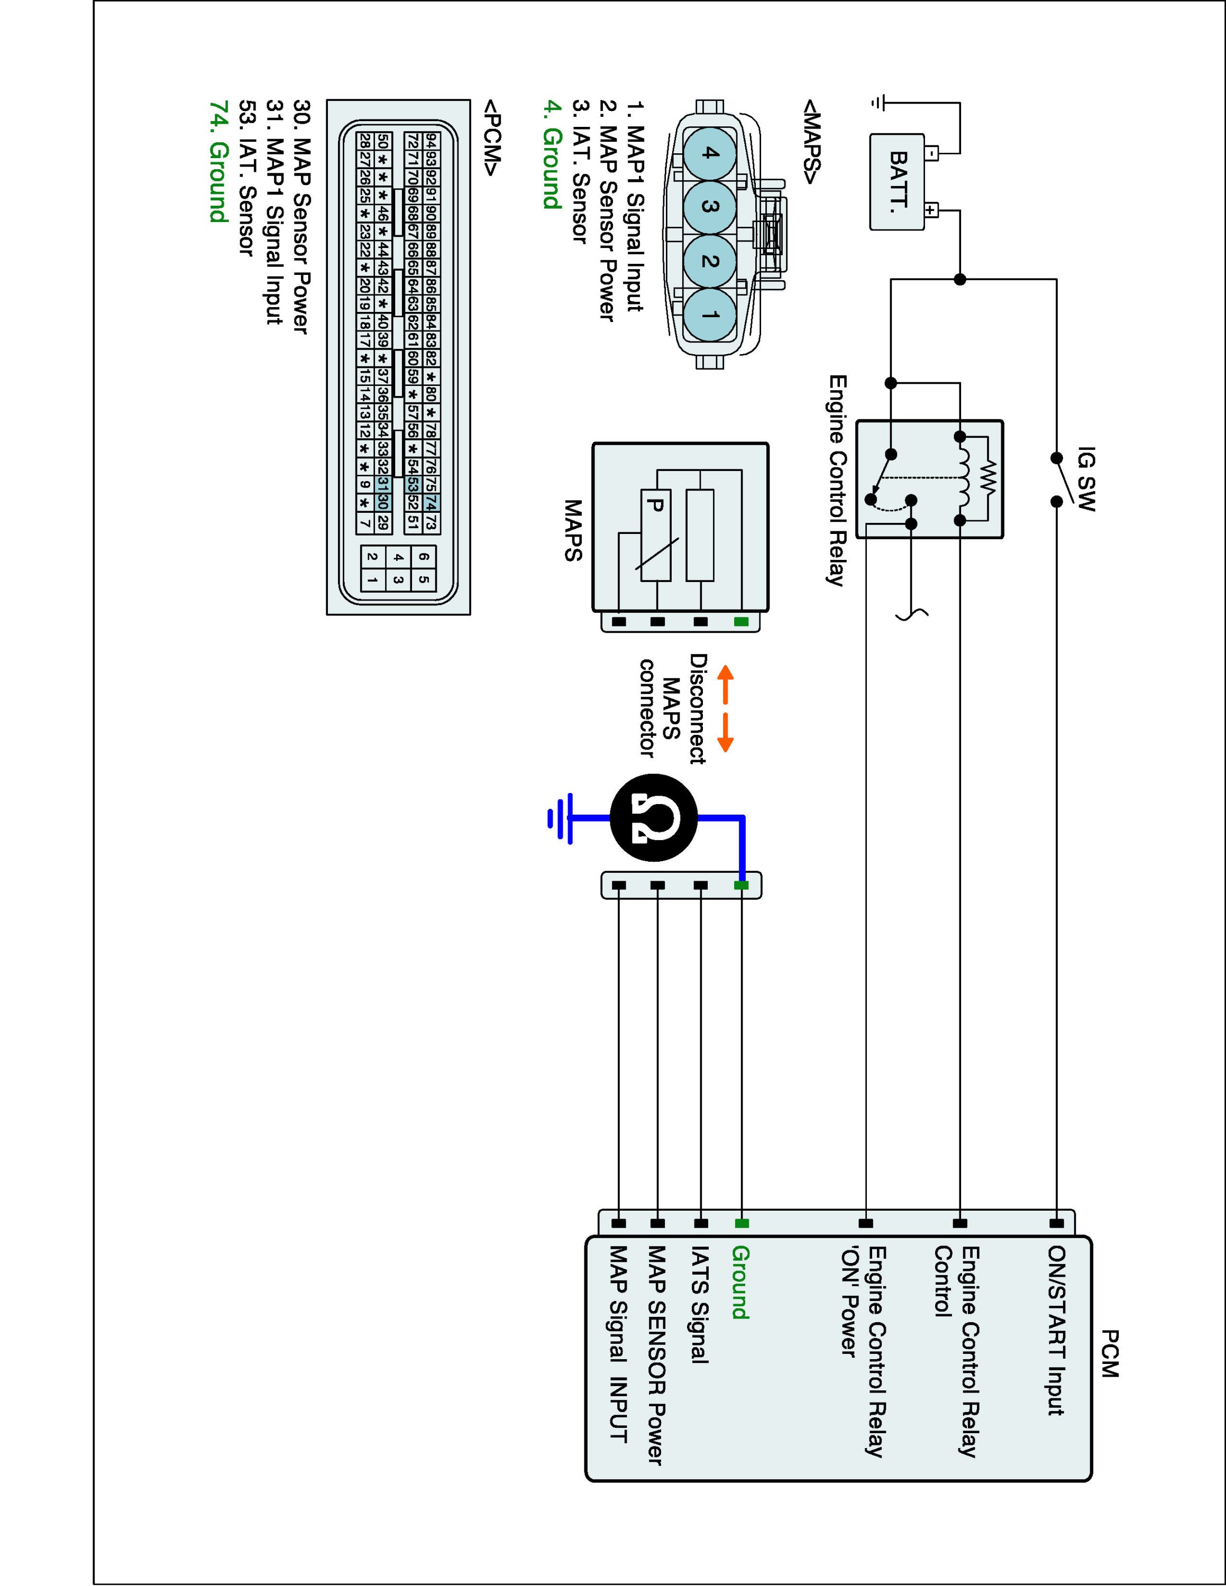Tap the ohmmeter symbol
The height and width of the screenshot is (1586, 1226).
[x=654, y=818]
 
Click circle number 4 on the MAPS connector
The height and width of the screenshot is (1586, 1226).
[x=710, y=153]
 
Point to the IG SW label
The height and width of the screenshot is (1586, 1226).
[x=1086, y=478]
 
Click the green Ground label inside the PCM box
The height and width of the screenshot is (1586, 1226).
[x=740, y=1283]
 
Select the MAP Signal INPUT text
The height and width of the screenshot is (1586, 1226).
[x=618, y=1344]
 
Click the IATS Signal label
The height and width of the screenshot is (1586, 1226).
[x=699, y=1305]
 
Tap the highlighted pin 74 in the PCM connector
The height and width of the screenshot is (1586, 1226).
[x=431, y=502]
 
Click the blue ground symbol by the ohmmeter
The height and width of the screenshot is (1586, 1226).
[x=560, y=818]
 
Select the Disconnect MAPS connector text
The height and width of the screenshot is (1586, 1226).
[x=673, y=708]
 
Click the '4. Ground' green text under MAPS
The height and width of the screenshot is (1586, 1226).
[x=553, y=155]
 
